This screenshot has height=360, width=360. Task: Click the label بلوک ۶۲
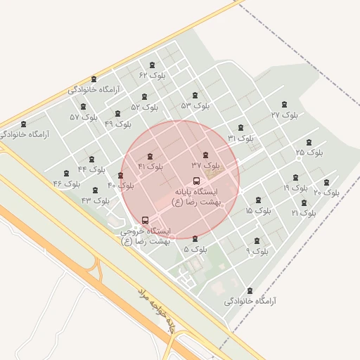point(152,75)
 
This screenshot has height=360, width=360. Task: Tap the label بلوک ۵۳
point(195,105)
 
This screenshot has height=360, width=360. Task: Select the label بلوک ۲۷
point(284,114)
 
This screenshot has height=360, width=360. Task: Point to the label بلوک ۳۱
point(240,139)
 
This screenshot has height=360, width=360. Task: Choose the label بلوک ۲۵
point(309,151)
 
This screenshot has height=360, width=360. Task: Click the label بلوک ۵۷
point(84,117)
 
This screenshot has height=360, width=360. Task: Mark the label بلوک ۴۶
point(67,184)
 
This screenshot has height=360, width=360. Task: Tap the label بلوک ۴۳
point(96,200)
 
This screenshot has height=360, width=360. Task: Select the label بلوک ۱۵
point(258,210)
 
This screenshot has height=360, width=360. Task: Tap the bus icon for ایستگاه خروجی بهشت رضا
point(145,220)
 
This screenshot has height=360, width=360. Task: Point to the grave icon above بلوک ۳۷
point(205,155)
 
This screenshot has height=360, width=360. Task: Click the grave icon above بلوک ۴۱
point(150,157)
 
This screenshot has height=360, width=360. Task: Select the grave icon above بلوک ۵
point(195,239)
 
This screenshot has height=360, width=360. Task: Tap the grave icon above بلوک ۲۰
point(326,182)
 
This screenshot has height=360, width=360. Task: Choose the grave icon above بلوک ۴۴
point(91,160)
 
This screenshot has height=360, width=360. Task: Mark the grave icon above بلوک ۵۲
point(145,97)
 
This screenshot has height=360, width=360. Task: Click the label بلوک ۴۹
point(118,123)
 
